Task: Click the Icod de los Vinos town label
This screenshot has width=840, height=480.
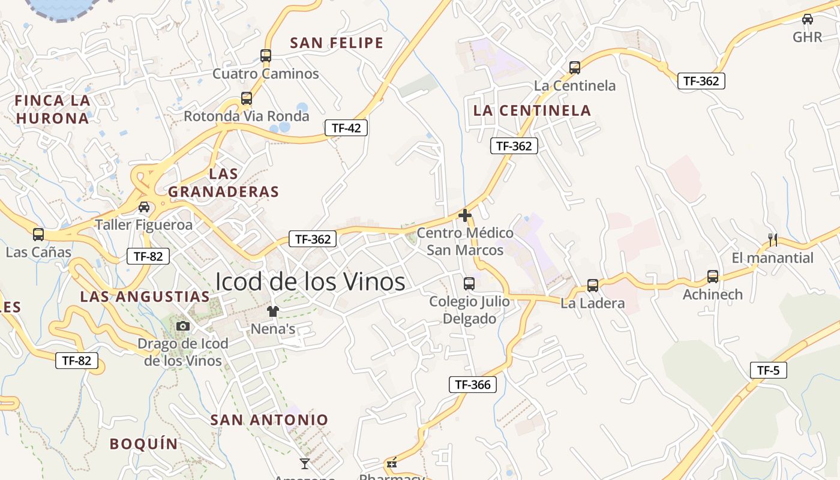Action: tap(310, 281)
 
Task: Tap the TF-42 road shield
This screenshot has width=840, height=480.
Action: tap(346, 127)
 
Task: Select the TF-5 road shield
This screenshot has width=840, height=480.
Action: tap(768, 370)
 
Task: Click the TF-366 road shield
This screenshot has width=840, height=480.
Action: tap(473, 385)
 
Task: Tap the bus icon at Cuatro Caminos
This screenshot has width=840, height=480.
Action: tap(266, 56)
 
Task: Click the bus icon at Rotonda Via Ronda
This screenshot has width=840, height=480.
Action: tap(246, 98)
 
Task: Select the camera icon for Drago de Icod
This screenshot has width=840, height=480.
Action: tap(183, 326)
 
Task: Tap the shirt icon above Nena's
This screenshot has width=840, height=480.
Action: tap(273, 311)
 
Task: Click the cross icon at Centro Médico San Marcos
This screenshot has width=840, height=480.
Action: tap(465, 215)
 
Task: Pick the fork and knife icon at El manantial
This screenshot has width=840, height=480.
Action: tap(773, 240)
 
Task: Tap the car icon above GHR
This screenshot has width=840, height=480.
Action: tap(808, 19)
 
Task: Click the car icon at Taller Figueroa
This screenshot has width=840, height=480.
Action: tap(144, 207)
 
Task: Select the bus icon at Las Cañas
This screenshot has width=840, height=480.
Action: tap(38, 234)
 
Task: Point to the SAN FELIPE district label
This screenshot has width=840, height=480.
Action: tap(337, 43)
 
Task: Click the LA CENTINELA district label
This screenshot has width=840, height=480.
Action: tap(532, 110)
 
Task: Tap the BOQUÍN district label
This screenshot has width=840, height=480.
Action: tap(144, 444)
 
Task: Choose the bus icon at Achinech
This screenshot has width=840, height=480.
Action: tap(713, 277)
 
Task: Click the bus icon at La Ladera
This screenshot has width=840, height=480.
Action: tap(593, 286)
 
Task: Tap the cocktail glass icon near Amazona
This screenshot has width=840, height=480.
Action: tap(305, 463)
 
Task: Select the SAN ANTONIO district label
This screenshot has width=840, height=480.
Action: tap(269, 420)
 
